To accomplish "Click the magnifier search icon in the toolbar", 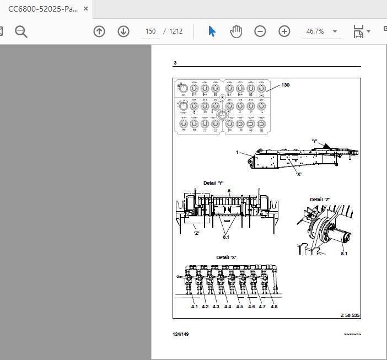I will [x=21, y=31].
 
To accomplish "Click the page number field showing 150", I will [x=150, y=31].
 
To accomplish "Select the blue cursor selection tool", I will [x=212, y=31].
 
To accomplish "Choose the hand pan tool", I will [x=236, y=31].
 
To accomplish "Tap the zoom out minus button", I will [x=260, y=31].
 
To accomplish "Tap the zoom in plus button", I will [x=284, y=31].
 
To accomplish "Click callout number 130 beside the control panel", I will [x=285, y=85].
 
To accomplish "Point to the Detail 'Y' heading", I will [x=213, y=183].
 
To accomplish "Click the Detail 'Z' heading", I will [x=319, y=200].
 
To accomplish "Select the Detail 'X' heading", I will [x=226, y=257].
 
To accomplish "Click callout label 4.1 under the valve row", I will [x=195, y=307].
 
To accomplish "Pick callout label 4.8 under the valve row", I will [x=274, y=307].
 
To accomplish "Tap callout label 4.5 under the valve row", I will [x=240, y=307].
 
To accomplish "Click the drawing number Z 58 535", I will [x=350, y=315].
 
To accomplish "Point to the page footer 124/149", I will [x=180, y=334].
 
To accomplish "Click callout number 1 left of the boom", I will [x=238, y=152].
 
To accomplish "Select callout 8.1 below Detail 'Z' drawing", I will [x=344, y=254].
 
